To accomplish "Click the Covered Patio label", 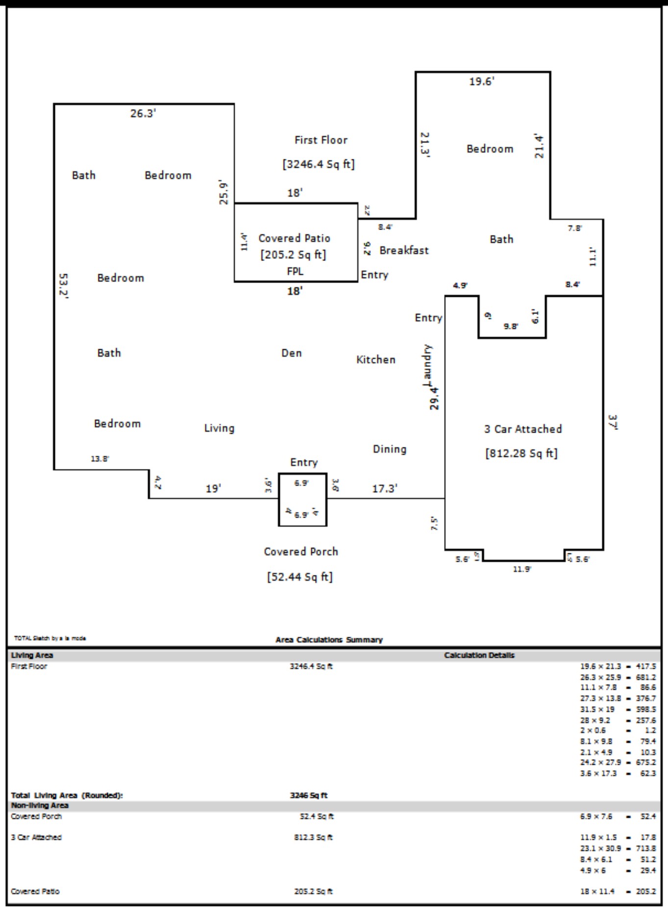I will (294, 238).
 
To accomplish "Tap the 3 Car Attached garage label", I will (523, 429).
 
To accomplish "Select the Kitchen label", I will (375, 360).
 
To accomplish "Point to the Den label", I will (292, 353).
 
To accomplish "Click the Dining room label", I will (390, 449).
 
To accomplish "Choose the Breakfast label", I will (404, 251).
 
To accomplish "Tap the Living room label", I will (219, 428).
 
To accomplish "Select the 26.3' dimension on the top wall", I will (143, 113).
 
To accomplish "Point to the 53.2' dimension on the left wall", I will (64, 285).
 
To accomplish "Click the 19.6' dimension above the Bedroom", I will (481, 81).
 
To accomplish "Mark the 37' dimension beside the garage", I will (613, 422).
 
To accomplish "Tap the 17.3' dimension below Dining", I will (385, 489).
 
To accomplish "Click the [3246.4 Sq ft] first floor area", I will (319, 164).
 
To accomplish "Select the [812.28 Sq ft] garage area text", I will (521, 453).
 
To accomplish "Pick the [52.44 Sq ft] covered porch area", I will (300, 577).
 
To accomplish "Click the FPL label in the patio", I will (295, 271).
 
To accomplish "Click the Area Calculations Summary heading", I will (329, 640).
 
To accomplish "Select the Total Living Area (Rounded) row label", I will (67, 795).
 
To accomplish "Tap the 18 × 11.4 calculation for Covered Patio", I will (597, 891).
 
